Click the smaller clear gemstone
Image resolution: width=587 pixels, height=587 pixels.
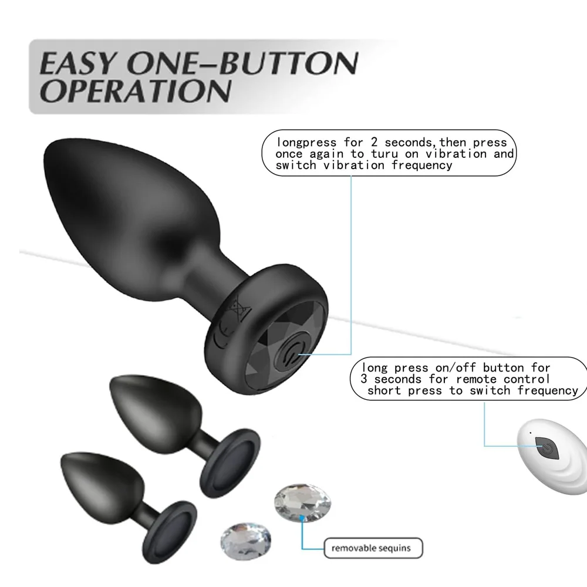246,538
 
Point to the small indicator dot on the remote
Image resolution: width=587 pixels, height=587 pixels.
531,433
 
